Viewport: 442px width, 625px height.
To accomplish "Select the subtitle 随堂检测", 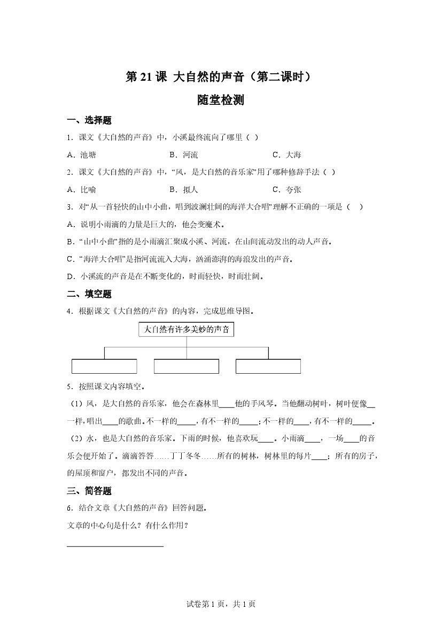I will [x=220, y=100].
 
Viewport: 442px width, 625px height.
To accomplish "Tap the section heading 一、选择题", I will [x=89, y=120].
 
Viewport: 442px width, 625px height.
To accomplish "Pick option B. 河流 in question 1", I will [x=184, y=155].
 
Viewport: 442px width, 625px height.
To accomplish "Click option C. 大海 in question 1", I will [x=287, y=155].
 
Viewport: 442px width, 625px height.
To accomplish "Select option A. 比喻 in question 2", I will [x=82, y=189].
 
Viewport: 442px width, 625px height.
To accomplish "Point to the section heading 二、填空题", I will [x=89, y=294].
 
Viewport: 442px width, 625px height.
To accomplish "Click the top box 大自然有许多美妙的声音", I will [x=187, y=330].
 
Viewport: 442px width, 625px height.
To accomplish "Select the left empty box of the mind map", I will [x=104, y=366].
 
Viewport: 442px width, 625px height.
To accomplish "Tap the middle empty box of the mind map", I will [x=187, y=366].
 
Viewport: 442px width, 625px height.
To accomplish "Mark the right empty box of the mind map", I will [x=268, y=366].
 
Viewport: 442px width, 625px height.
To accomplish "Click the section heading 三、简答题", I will [x=89, y=491].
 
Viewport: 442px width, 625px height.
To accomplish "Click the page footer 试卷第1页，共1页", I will [x=221, y=604].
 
